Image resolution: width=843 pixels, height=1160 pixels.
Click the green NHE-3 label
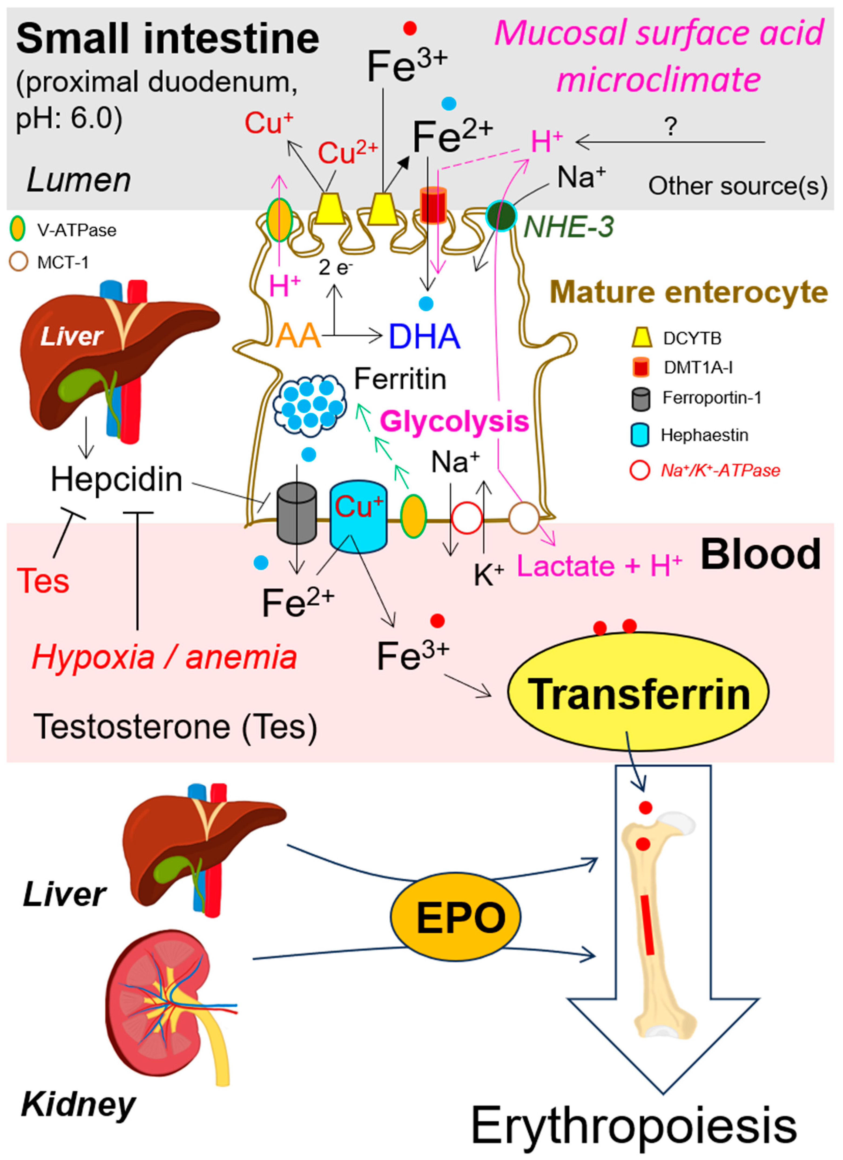(569, 227)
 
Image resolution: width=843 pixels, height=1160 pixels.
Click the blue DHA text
(424, 336)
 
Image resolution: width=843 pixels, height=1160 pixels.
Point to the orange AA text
(298, 336)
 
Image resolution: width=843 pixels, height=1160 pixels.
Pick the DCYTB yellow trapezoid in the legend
(642, 338)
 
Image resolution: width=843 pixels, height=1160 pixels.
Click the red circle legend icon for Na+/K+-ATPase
(640, 470)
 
